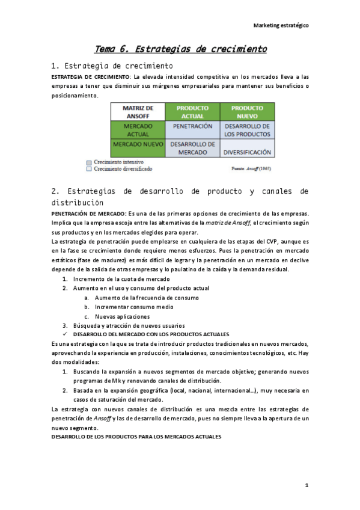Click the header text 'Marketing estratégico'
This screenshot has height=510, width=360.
pyautogui.click(x=281, y=26)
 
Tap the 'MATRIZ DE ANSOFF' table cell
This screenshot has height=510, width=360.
pyautogui.click(x=138, y=112)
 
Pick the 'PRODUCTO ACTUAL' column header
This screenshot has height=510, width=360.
pyautogui.click(x=192, y=112)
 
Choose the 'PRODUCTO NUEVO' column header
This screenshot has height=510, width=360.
pyautogui.click(x=247, y=112)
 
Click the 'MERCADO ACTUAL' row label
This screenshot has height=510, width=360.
pyautogui.click(x=138, y=131)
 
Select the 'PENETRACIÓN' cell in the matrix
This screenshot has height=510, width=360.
pyautogui.click(x=192, y=127)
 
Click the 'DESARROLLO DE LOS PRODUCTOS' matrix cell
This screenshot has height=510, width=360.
pyautogui.click(x=247, y=131)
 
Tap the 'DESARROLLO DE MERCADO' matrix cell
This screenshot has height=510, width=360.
pyautogui.click(x=192, y=149)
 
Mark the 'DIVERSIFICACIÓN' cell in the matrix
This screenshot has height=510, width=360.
pyautogui.click(x=247, y=153)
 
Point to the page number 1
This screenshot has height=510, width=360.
pyautogui.click(x=306, y=485)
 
